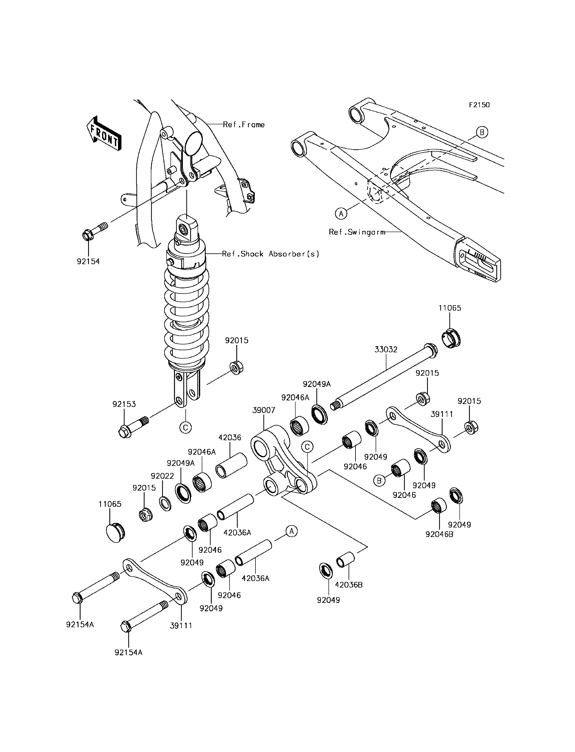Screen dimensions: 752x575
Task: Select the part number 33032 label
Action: click(386, 350)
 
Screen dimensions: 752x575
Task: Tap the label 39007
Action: click(264, 410)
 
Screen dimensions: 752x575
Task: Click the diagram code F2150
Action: click(479, 105)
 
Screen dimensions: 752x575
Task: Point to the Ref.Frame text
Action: click(244, 125)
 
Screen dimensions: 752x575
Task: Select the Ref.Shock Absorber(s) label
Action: click(270, 254)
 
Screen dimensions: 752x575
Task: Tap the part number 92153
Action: click(124, 404)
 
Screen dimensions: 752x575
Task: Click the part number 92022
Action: click(162, 476)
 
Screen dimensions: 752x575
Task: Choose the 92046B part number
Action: click(439, 534)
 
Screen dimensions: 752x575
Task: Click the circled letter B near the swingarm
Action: click(482, 132)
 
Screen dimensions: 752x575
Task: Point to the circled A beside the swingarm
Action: click(341, 214)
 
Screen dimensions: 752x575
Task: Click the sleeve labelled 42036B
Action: click(346, 560)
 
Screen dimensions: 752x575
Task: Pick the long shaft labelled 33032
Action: click(383, 376)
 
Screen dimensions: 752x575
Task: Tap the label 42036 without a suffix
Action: click(230, 438)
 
